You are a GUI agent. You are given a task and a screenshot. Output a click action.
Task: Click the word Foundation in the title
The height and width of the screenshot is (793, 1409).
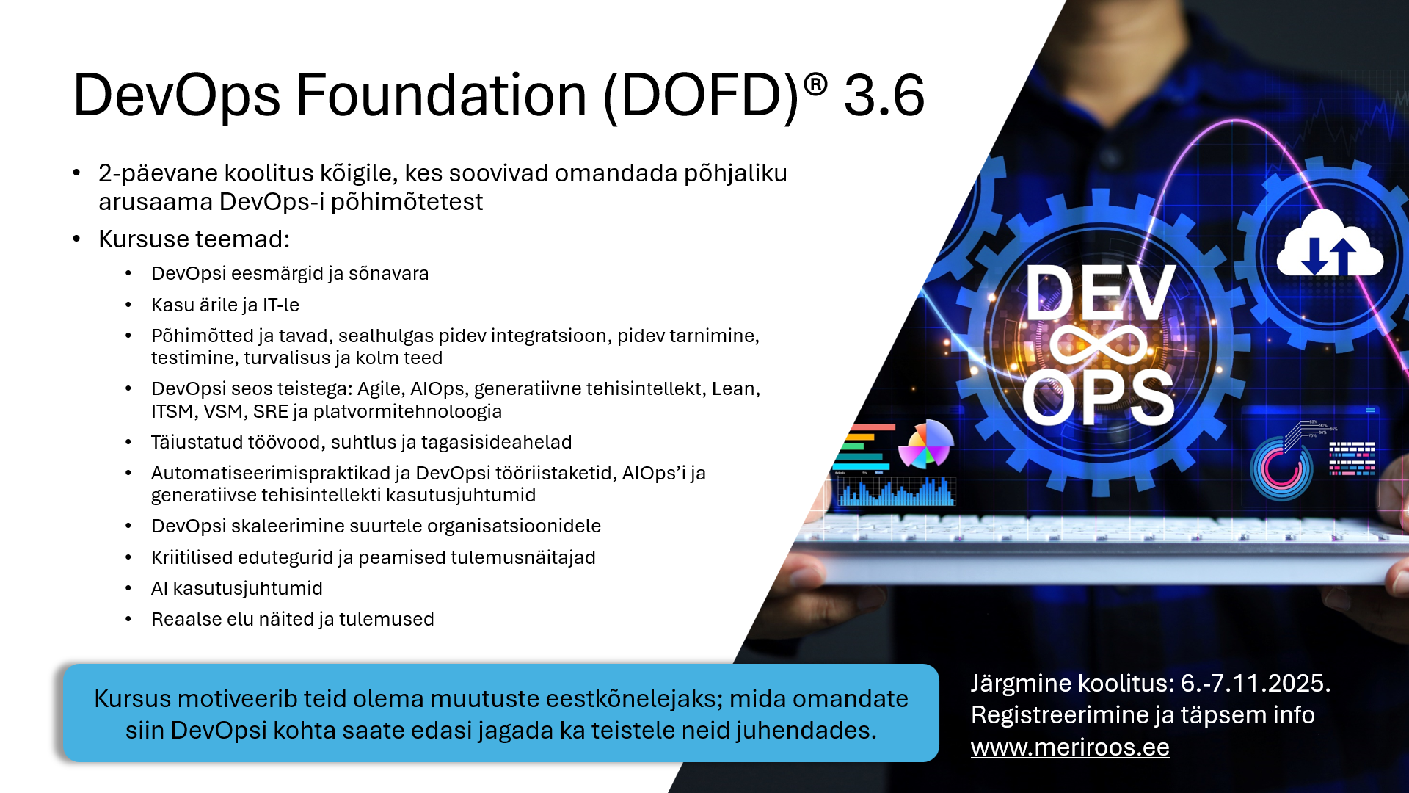click(440, 96)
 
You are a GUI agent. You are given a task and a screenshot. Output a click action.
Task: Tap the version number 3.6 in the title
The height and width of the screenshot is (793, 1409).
click(884, 96)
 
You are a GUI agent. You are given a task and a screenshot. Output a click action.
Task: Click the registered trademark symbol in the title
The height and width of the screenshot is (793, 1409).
click(815, 85)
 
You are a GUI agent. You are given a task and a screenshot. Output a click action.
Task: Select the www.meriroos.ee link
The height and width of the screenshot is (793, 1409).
click(1069, 747)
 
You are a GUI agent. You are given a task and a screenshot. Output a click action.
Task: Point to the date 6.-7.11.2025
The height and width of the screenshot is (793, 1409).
click(1255, 684)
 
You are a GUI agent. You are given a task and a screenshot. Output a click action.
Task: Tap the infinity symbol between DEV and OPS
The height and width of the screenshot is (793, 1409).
click(1099, 345)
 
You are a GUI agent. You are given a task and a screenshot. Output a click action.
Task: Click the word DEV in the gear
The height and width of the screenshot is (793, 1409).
click(1100, 293)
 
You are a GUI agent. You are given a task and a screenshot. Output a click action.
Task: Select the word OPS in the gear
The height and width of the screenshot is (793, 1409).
click(1098, 398)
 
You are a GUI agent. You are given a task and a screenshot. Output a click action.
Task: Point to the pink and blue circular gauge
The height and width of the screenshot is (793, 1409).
click(1281, 468)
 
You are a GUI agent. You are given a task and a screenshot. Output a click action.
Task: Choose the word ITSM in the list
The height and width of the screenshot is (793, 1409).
click(172, 411)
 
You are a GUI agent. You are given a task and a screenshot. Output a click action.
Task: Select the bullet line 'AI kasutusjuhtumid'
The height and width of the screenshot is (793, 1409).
click(236, 588)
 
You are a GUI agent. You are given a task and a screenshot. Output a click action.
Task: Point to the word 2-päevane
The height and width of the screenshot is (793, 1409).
click(158, 173)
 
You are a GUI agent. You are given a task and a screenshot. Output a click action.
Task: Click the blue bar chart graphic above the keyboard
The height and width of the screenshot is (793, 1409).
click(896, 492)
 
